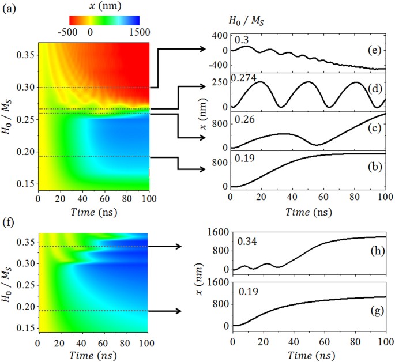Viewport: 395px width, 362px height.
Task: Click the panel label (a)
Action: [x=9, y=9]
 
